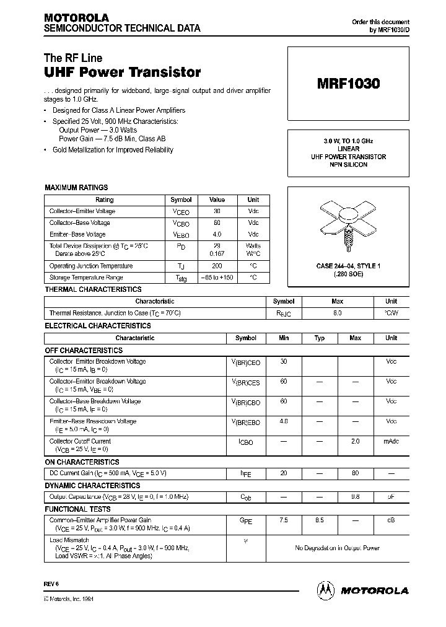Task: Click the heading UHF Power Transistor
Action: coord(123,72)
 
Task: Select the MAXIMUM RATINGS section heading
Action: coord(76,187)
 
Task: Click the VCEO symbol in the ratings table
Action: coord(181,212)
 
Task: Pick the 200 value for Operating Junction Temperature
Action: coord(217,266)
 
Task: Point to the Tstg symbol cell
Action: coord(181,278)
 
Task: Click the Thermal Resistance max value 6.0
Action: coord(338,313)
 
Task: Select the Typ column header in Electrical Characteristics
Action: coord(320,338)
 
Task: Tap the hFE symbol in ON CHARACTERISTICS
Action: coord(246,474)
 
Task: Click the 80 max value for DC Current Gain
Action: coord(356,473)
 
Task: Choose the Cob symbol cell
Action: coord(246,498)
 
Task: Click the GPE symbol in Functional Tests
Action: coord(246,522)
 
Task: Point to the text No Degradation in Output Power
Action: coord(338,548)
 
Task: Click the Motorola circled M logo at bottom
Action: coord(325,590)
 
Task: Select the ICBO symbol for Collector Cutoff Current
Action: coord(246,442)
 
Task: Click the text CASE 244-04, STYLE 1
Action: coord(347,266)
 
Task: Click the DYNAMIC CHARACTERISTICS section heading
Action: coord(92,486)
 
